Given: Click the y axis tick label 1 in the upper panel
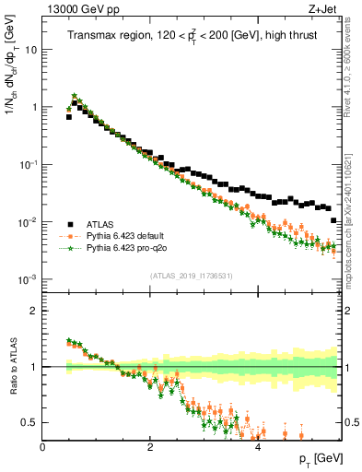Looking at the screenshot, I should (x=35, y=107).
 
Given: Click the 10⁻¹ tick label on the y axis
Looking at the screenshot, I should (x=29, y=164).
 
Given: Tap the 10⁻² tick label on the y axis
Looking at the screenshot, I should (x=29, y=222).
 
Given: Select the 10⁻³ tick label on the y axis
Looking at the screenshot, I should (x=29, y=279).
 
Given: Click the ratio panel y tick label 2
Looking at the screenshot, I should (x=35, y=311).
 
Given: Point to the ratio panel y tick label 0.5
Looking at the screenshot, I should (x=31, y=423).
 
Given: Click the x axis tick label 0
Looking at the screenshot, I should (x=42, y=446).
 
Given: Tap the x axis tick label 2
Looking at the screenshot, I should (x=149, y=446).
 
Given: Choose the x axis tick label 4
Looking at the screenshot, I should (x=257, y=446).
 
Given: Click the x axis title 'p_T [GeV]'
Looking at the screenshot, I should (x=320, y=459).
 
